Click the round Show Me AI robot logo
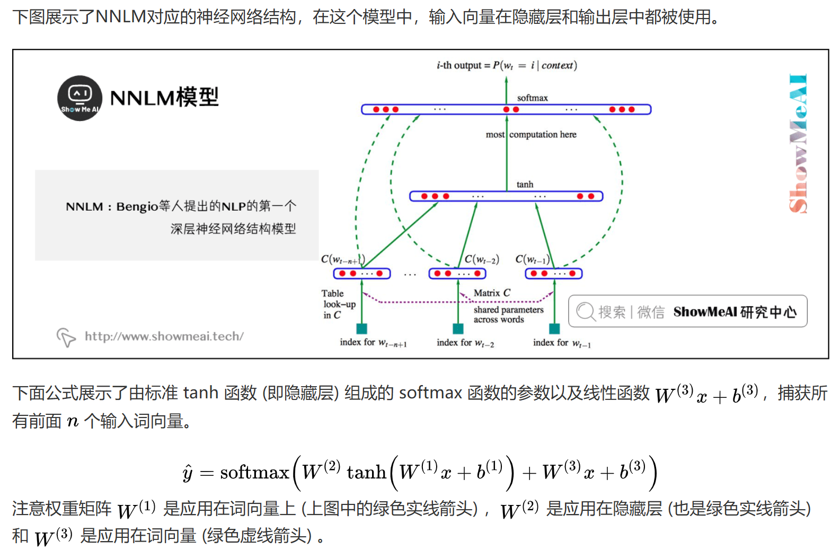(x=79, y=98)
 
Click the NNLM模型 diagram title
(x=164, y=98)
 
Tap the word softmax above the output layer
(x=532, y=98)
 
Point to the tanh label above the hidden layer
(x=525, y=185)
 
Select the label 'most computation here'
(x=531, y=135)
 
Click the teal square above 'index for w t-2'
(x=458, y=328)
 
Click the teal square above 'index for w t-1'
(x=554, y=328)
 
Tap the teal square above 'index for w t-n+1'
(x=362, y=328)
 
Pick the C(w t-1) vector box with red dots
(x=553, y=274)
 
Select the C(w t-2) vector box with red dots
(x=457, y=274)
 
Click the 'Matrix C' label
(x=492, y=293)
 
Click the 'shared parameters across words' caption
(x=508, y=315)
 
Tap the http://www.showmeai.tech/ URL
(x=164, y=336)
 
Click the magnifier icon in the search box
(x=586, y=311)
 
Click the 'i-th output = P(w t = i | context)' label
(x=507, y=65)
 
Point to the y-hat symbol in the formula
(x=188, y=473)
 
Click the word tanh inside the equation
(x=366, y=472)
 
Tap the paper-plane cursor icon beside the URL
(x=66, y=337)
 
